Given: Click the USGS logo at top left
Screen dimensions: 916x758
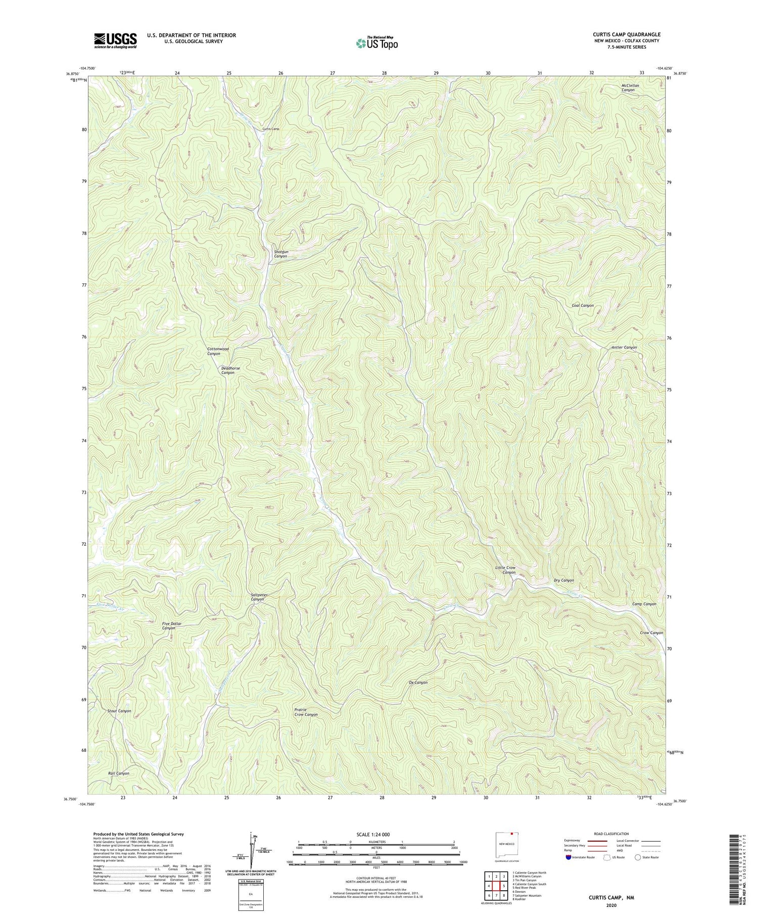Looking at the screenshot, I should pyautogui.click(x=115, y=40).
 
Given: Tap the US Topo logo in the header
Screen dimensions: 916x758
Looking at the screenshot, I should pyautogui.click(x=376, y=43).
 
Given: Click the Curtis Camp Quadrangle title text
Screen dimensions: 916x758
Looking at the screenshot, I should pyautogui.click(x=626, y=35).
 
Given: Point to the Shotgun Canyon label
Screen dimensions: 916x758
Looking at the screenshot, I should pyautogui.click(x=280, y=254).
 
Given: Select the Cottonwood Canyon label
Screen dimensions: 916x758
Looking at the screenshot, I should pyautogui.click(x=218, y=351).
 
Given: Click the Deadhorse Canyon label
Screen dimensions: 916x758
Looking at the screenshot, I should pyautogui.click(x=230, y=370).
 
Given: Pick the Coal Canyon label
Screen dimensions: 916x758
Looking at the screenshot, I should pyautogui.click(x=582, y=306).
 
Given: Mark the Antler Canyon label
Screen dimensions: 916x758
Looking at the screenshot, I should pyautogui.click(x=624, y=348).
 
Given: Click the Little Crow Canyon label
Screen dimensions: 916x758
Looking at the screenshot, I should pyautogui.click(x=505, y=570).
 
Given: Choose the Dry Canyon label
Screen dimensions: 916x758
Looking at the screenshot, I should pyautogui.click(x=563, y=581).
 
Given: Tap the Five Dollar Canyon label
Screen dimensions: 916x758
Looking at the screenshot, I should pyautogui.click(x=172, y=626).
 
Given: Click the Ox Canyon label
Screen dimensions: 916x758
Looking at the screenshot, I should pyautogui.click(x=418, y=683).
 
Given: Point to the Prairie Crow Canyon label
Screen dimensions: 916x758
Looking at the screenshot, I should pyautogui.click(x=306, y=712).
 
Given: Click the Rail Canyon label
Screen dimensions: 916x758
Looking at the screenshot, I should pyautogui.click(x=119, y=774).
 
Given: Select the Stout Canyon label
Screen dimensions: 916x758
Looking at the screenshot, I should pyautogui.click(x=119, y=711).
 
